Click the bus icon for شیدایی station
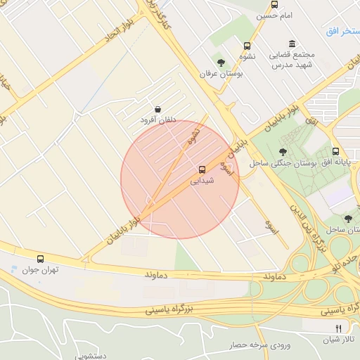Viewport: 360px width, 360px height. (x=202, y=169)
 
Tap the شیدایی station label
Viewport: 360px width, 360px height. (x=202, y=181)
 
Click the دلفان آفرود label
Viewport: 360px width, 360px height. (x=156, y=120)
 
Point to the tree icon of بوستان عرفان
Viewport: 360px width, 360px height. (x=221, y=63)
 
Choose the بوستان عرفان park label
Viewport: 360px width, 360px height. (x=221, y=74)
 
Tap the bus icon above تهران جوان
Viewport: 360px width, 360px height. (x=40, y=259)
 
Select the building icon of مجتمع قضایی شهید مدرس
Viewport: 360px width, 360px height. (x=291, y=44)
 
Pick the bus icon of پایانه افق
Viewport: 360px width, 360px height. (x=335, y=151)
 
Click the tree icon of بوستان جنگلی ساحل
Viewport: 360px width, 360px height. (x=283, y=151)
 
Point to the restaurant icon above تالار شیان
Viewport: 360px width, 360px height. (x=338, y=328)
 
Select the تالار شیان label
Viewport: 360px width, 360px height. (x=342, y=340)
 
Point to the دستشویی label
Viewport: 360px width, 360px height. (x=89, y=356)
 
